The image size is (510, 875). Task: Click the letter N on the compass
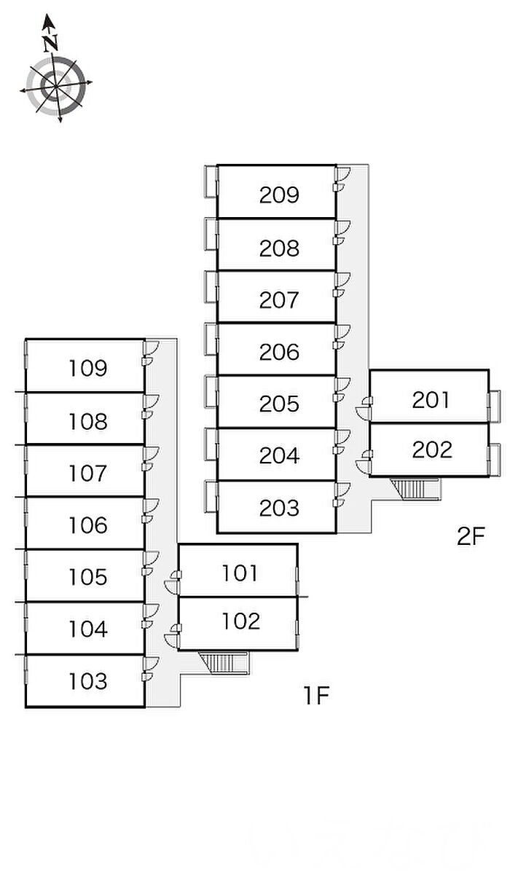point(50,42)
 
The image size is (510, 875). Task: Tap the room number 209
point(279,195)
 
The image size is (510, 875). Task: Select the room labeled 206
point(279,352)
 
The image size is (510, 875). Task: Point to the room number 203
point(279,508)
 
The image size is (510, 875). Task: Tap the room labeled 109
point(88,368)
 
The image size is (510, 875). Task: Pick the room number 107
point(88,474)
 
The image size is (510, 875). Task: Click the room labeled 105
point(88,577)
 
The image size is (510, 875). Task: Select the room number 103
point(88,681)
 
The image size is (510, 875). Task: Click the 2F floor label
point(471,537)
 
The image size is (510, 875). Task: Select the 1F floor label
point(318,697)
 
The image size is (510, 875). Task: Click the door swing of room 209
point(343,173)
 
